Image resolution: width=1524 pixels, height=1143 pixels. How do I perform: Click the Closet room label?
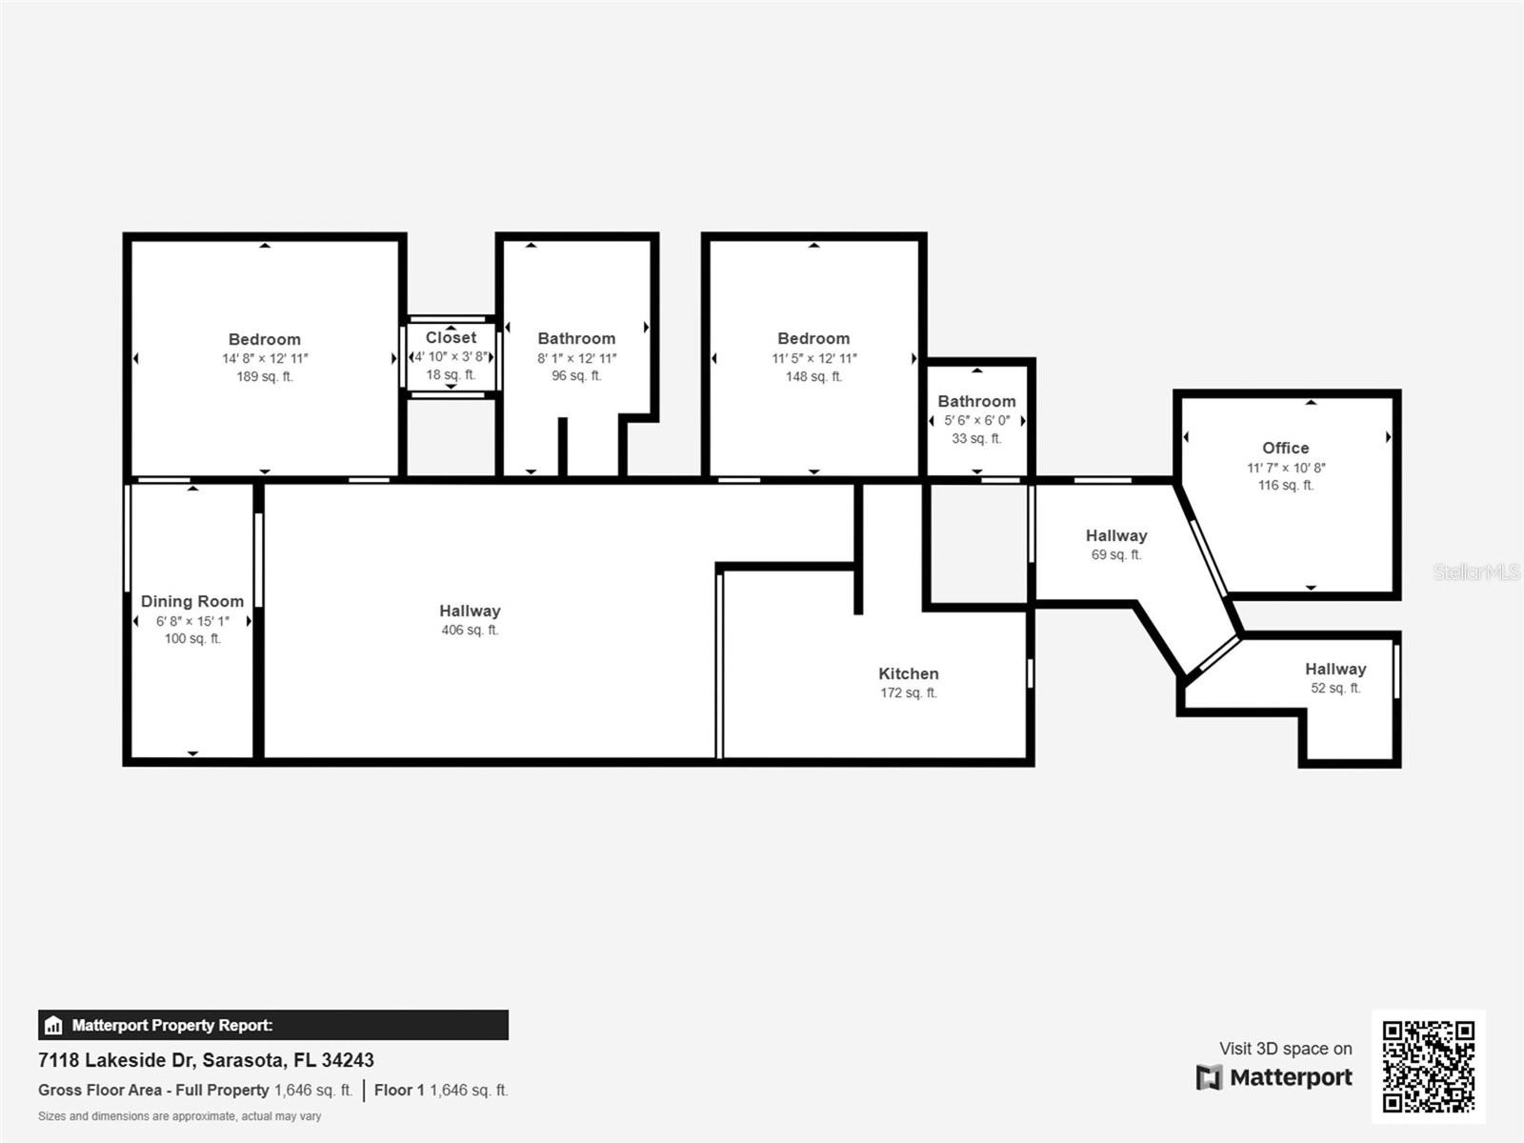(x=451, y=337)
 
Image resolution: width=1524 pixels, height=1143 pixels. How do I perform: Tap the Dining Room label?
(x=192, y=601)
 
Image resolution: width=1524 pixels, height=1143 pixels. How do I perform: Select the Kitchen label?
(x=908, y=673)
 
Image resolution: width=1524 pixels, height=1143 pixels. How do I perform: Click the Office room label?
(x=1285, y=448)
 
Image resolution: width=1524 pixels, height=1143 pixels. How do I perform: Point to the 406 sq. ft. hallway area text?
(x=470, y=631)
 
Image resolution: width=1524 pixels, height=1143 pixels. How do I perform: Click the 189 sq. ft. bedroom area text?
(x=265, y=376)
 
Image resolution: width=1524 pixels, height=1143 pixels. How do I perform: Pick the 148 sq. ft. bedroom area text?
(x=813, y=376)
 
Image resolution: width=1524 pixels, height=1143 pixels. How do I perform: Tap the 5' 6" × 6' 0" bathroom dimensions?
(x=977, y=421)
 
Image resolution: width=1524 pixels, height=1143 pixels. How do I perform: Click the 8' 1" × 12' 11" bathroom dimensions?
(x=576, y=358)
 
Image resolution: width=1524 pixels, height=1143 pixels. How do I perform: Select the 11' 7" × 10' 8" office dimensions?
(x=1286, y=467)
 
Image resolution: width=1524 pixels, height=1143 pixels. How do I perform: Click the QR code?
(x=1428, y=1066)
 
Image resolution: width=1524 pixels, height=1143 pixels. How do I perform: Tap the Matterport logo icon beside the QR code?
(x=1209, y=1077)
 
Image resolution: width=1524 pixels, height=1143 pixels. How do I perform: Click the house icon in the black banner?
(x=53, y=1025)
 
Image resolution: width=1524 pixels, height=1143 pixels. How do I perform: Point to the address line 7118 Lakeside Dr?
(x=206, y=1060)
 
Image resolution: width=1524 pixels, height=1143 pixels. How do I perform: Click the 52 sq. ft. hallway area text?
(x=1335, y=688)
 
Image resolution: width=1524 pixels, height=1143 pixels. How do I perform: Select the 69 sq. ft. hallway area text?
(x=1115, y=554)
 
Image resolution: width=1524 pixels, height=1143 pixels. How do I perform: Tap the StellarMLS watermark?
(x=1476, y=571)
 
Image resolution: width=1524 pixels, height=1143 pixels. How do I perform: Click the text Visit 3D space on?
(x=1285, y=1049)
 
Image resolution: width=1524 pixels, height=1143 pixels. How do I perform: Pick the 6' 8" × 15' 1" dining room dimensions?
(x=192, y=621)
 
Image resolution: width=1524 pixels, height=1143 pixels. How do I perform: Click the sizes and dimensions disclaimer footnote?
(x=179, y=1116)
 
